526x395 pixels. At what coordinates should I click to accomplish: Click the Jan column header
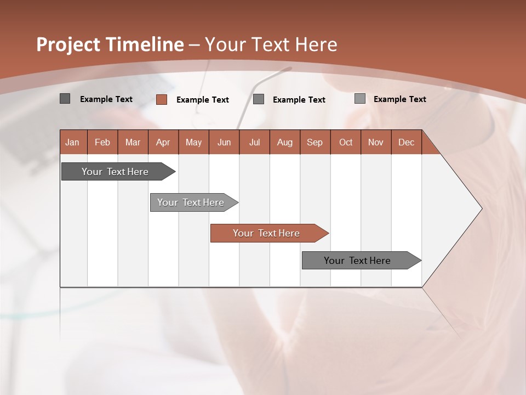click(72, 142)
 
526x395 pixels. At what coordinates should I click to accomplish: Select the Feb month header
click(102, 142)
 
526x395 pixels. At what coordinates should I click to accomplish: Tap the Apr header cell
click(163, 142)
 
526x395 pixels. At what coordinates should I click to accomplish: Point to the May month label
click(193, 142)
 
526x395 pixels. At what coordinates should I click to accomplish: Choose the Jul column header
click(254, 142)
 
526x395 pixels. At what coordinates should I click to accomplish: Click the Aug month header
click(284, 142)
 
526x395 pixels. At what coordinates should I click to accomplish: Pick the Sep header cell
click(315, 142)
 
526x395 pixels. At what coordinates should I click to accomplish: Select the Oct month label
click(346, 142)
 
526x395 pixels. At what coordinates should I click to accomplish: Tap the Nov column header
click(376, 142)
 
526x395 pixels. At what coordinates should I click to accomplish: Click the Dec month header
click(406, 142)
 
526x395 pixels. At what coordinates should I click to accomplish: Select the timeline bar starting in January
click(115, 172)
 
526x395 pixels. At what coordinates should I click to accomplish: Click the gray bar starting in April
click(191, 202)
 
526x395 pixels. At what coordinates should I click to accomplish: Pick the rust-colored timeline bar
click(266, 233)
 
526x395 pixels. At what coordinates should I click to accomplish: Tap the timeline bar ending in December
click(357, 261)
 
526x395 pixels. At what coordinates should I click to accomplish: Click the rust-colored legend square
click(162, 99)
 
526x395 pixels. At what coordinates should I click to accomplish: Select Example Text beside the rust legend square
click(203, 100)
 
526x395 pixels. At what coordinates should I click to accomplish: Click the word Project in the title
click(68, 44)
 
